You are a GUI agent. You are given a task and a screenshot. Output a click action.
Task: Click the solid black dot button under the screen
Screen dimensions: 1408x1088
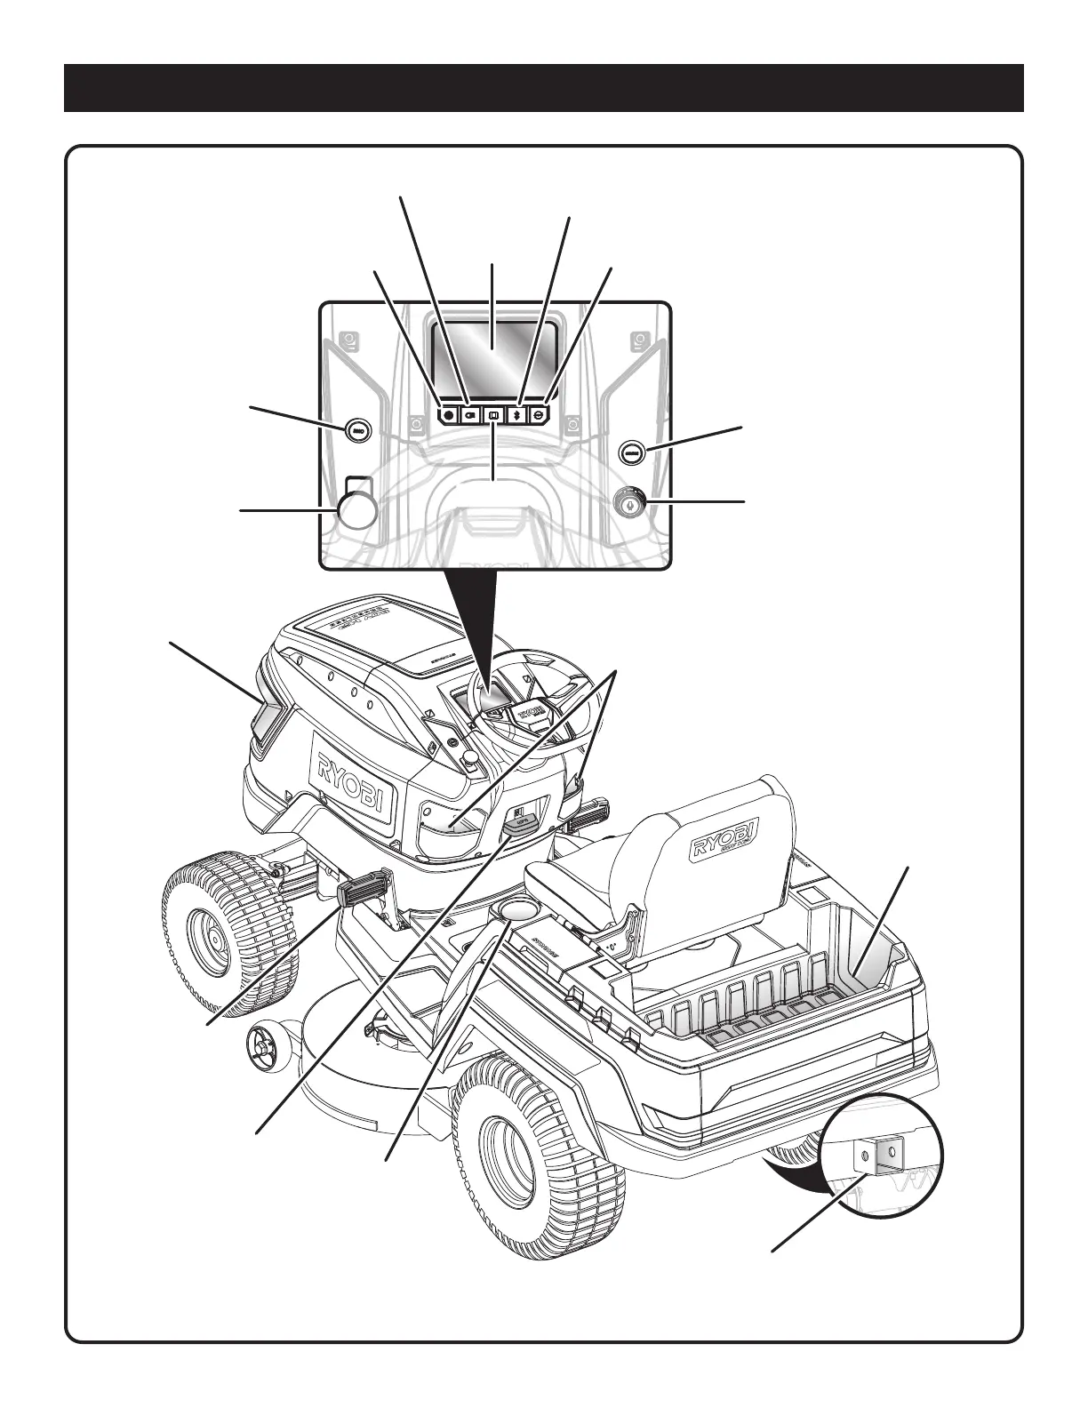[x=449, y=414]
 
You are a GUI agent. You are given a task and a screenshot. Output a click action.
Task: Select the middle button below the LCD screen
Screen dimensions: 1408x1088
[x=493, y=414]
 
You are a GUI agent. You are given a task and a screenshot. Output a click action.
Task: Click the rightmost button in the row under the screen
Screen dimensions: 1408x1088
[x=539, y=414]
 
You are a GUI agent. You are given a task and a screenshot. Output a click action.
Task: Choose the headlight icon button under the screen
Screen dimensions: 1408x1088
[x=471, y=414]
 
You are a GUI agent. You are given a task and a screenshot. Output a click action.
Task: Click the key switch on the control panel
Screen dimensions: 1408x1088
[x=629, y=502]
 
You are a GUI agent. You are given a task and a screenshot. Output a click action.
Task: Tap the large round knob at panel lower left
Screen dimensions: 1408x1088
[x=356, y=511]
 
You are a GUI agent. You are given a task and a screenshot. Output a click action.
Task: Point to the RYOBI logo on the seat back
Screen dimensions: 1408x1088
[x=728, y=838]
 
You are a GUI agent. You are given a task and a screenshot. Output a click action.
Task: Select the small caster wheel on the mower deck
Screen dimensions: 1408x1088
[x=262, y=1043]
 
